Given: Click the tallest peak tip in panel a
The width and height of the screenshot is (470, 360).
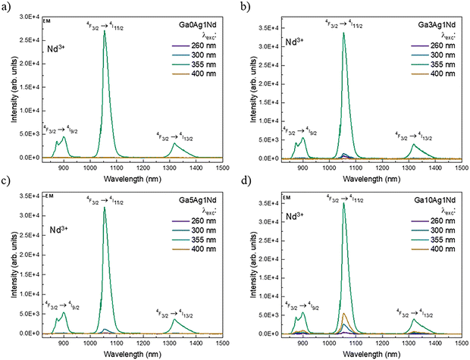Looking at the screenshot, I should [x=105, y=31].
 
